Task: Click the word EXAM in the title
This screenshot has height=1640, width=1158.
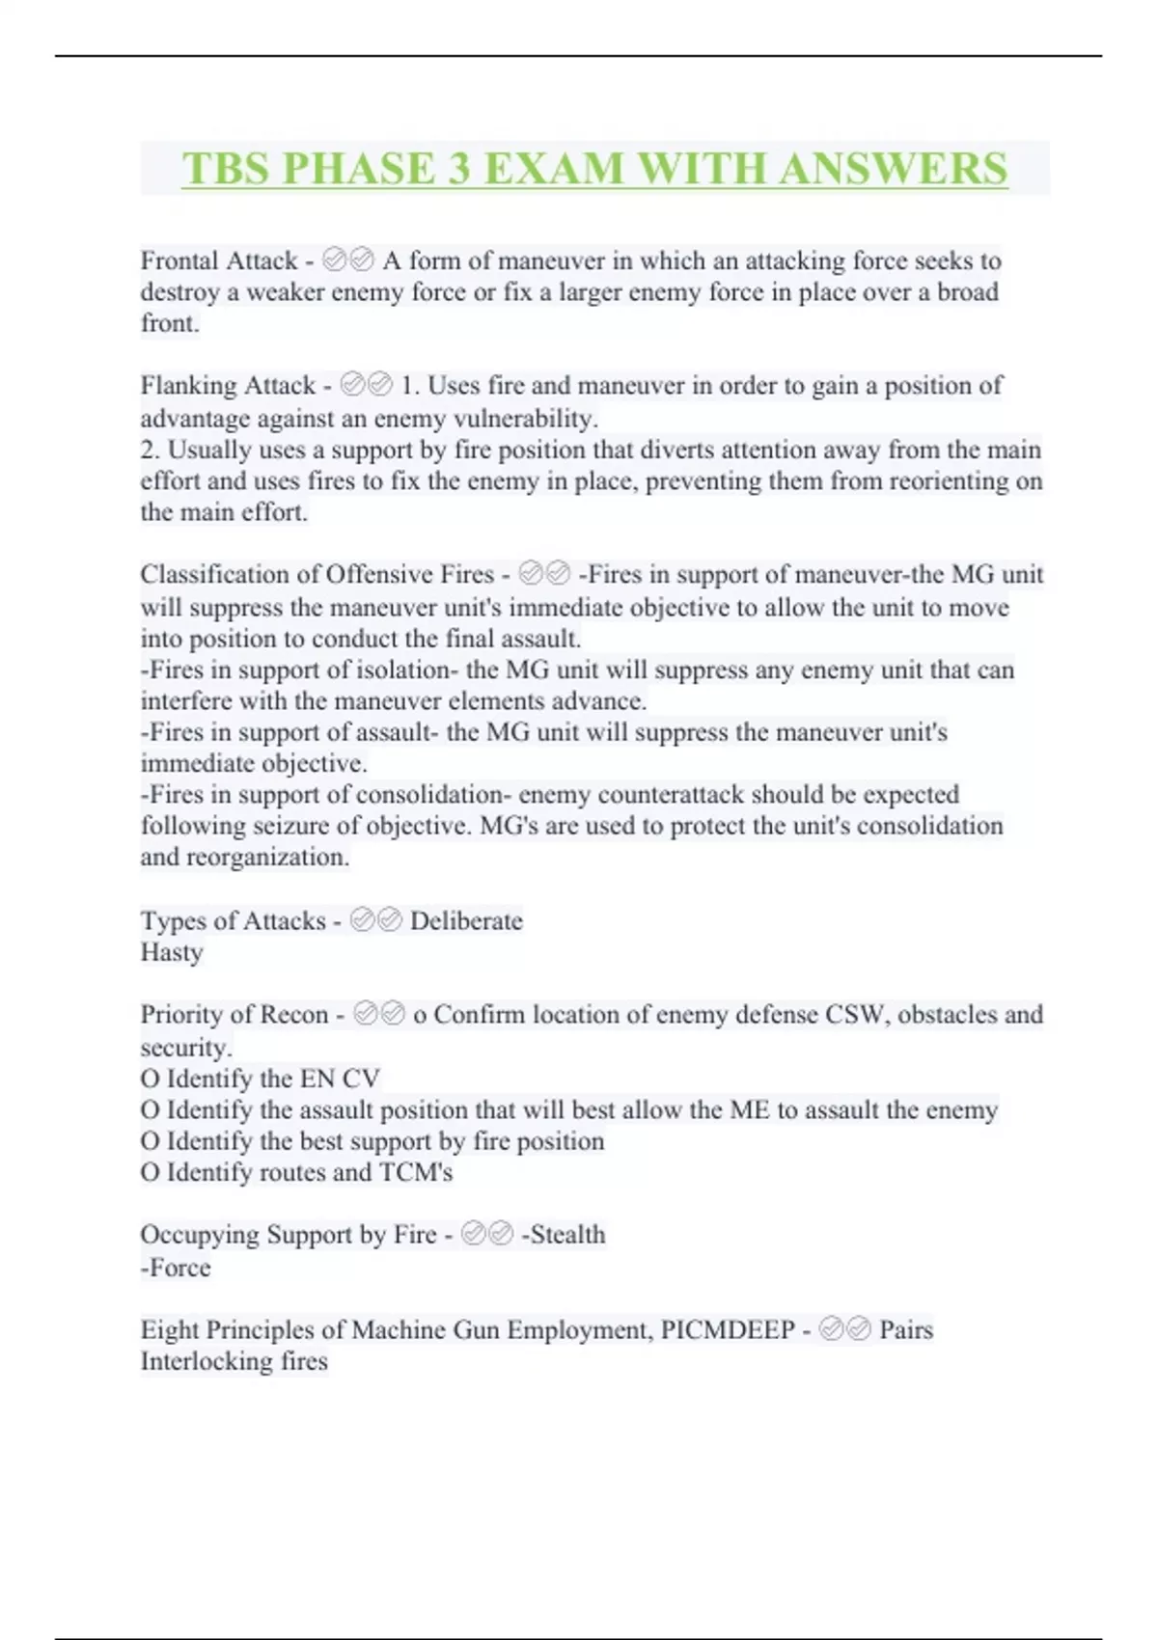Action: coord(554,169)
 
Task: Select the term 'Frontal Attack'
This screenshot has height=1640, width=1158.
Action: coord(219,260)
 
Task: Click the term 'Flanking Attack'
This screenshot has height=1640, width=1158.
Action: coord(228,385)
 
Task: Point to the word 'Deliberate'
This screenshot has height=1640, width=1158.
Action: coord(466,920)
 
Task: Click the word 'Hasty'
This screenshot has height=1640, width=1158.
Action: coord(172,952)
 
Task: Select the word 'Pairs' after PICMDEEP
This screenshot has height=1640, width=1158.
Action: coord(906,1329)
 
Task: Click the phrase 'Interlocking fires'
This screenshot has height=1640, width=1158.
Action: coord(234,1361)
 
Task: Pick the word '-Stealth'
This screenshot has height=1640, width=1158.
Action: coord(564,1234)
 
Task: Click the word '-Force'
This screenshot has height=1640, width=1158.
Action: coord(176,1267)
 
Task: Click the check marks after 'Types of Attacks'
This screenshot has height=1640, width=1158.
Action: coord(375,920)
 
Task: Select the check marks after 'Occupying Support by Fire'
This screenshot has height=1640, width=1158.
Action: coord(487,1234)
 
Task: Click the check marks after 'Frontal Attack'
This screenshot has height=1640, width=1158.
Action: coord(348,260)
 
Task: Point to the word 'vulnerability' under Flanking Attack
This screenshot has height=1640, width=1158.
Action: coord(525,419)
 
